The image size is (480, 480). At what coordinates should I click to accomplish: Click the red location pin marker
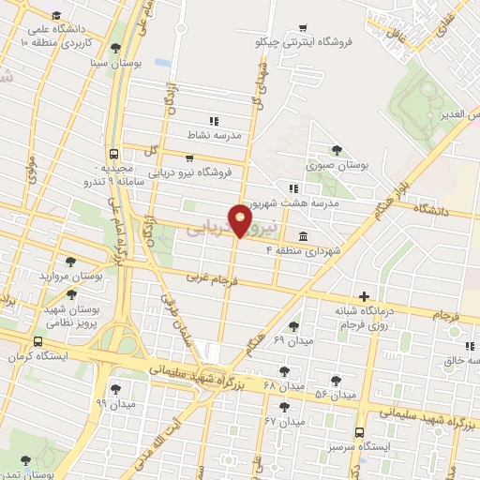(x=241, y=222)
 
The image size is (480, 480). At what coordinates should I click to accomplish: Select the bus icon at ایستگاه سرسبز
(x=360, y=432)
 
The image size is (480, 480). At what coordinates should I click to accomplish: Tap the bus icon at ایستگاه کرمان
(x=38, y=342)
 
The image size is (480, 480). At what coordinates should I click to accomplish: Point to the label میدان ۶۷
(x=285, y=422)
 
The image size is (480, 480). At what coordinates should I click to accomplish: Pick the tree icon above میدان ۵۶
(x=336, y=380)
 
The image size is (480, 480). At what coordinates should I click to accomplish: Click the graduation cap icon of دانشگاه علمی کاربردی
(x=56, y=16)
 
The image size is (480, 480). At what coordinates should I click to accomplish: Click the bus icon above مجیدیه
(x=113, y=153)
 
